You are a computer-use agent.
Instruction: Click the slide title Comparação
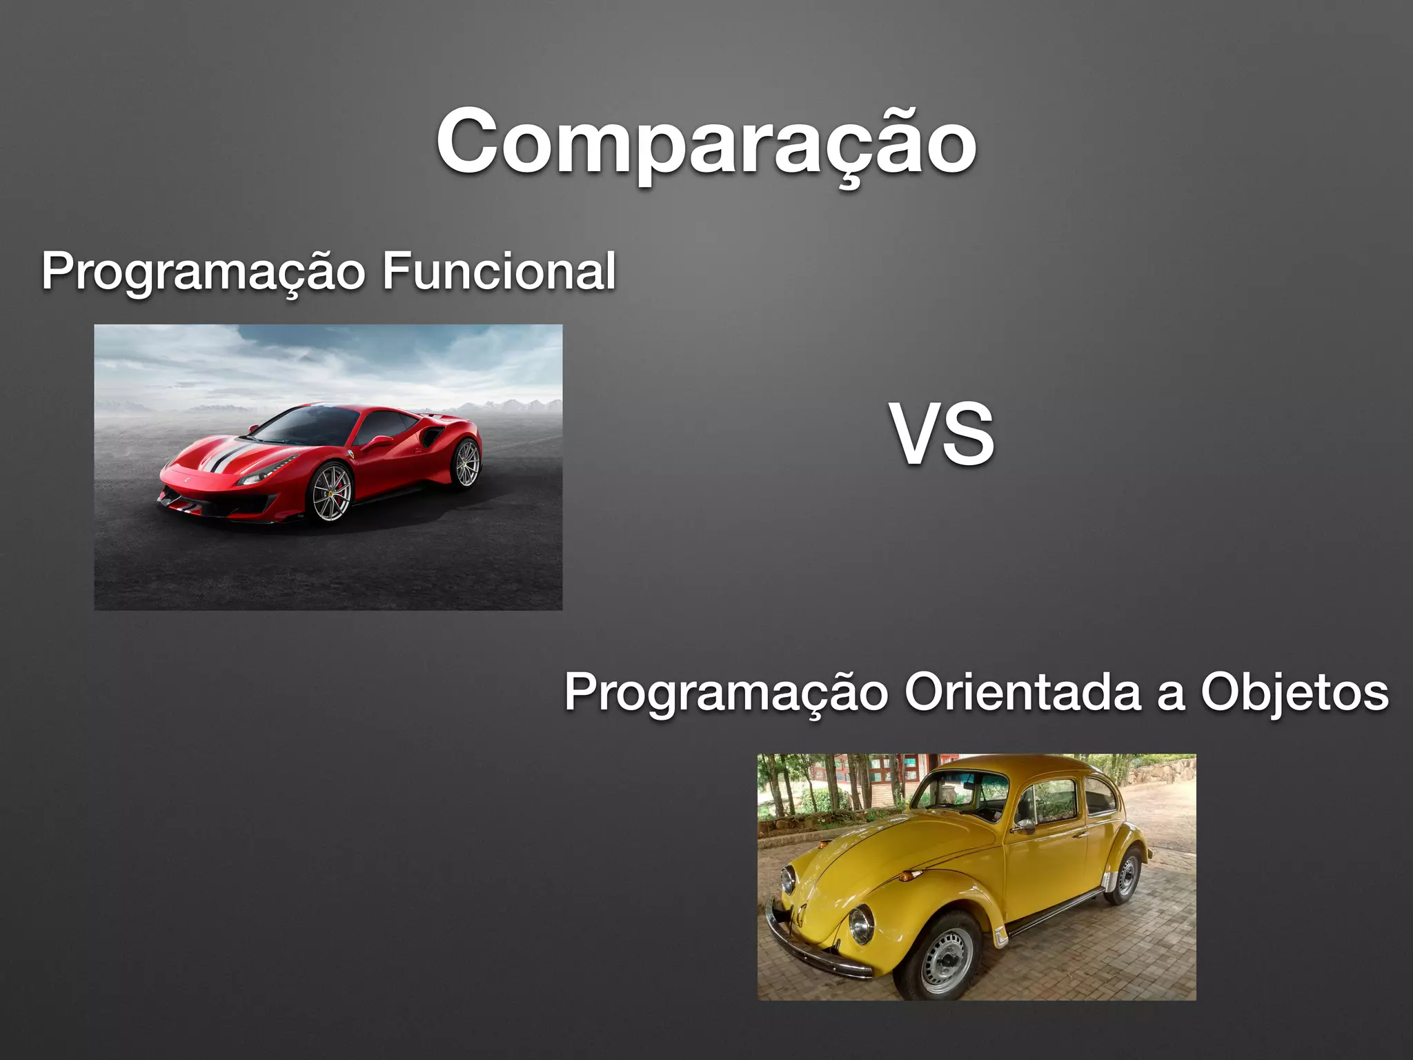click(x=706, y=143)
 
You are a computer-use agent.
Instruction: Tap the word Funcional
click(x=498, y=271)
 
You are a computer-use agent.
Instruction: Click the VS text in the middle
click(x=944, y=435)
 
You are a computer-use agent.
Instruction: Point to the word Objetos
click(x=1294, y=692)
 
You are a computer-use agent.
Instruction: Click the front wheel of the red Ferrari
click(x=331, y=492)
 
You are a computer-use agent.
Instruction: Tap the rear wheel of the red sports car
click(x=466, y=462)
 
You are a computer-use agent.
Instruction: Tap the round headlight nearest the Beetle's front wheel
click(x=860, y=925)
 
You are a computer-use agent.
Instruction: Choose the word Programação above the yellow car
click(x=725, y=692)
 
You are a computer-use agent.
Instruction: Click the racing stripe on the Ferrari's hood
click(x=231, y=456)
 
